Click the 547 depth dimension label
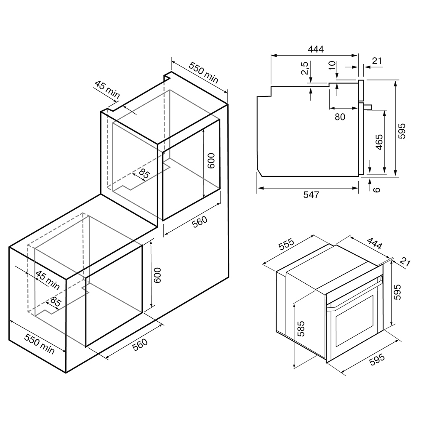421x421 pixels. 312,195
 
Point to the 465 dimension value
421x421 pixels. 378,142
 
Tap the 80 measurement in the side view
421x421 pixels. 340,117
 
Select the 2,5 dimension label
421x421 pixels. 304,68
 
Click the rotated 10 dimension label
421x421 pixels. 332,65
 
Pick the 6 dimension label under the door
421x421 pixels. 377,189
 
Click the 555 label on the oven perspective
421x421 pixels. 287,244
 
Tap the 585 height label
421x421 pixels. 301,329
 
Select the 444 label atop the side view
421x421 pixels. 316,49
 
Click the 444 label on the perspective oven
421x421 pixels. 374,243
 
